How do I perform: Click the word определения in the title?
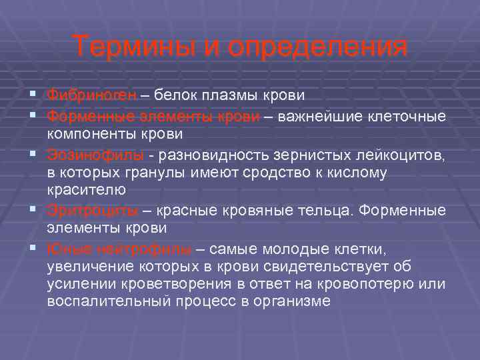[x=317, y=47]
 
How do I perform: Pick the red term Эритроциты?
[x=93, y=211]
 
